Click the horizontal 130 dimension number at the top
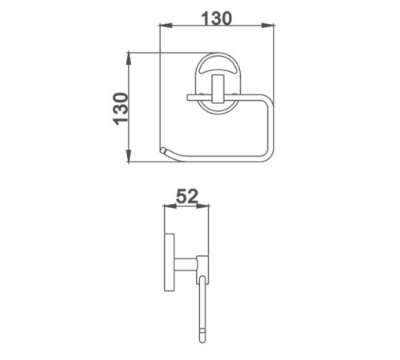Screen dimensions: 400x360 (217, 18)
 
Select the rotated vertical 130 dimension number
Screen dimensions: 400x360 (121, 109)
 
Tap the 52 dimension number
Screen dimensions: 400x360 (187, 196)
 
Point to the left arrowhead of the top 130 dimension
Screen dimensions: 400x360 (166, 26)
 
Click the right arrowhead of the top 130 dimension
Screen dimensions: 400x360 (268, 26)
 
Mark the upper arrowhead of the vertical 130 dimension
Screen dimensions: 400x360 (129, 58)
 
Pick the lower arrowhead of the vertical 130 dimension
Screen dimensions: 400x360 (129, 156)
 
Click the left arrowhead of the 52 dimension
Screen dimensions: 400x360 (170, 206)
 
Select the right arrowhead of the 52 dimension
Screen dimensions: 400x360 (202, 206)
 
